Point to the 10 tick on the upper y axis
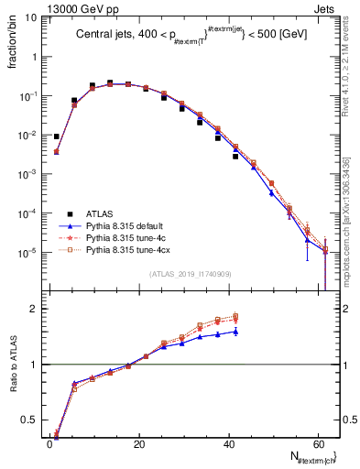29,17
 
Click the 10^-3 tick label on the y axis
26,174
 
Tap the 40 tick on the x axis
228,442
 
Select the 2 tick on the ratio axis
32,309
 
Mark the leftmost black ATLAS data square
57,136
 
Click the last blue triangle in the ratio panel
235,332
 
